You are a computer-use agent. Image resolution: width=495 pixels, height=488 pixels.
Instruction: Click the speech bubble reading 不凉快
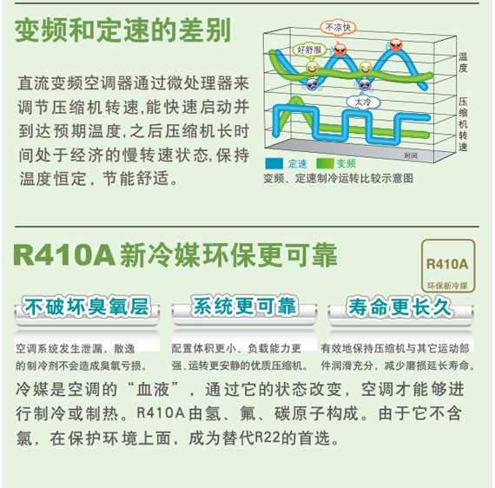(x=338, y=28)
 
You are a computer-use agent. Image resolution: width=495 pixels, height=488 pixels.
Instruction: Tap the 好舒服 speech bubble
(x=309, y=49)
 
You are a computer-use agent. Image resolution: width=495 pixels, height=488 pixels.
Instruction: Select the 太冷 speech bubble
(x=363, y=102)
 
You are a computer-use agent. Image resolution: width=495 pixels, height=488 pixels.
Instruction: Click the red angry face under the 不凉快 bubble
(x=340, y=49)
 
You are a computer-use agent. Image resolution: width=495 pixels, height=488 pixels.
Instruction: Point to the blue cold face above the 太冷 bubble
(x=365, y=84)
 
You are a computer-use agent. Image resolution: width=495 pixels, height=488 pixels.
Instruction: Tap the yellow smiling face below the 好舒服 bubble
(x=312, y=67)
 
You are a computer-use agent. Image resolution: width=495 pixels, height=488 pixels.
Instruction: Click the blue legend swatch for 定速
(x=274, y=163)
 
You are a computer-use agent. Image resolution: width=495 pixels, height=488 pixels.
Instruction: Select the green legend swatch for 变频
(x=325, y=163)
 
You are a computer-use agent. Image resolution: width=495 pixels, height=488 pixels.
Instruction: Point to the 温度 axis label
(x=463, y=63)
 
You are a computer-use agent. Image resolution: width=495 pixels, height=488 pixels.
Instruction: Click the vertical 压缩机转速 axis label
(x=463, y=124)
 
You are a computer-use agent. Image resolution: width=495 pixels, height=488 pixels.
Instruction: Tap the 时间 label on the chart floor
(x=411, y=155)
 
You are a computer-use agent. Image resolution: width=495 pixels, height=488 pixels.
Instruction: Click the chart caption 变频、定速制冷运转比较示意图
(x=339, y=178)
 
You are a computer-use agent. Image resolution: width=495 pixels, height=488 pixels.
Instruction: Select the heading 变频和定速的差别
(x=122, y=30)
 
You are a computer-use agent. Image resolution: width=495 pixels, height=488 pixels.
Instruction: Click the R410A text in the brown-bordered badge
(x=447, y=264)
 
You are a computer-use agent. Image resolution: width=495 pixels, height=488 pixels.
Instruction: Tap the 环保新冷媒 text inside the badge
(x=447, y=286)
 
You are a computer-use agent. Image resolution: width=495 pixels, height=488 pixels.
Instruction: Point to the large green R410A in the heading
(x=64, y=255)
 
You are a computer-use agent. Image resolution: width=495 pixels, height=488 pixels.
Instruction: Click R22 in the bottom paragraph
(x=267, y=438)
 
